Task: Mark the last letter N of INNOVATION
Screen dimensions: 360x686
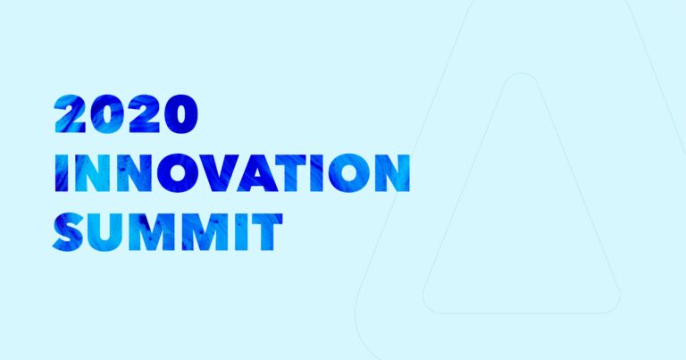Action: point(389,172)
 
